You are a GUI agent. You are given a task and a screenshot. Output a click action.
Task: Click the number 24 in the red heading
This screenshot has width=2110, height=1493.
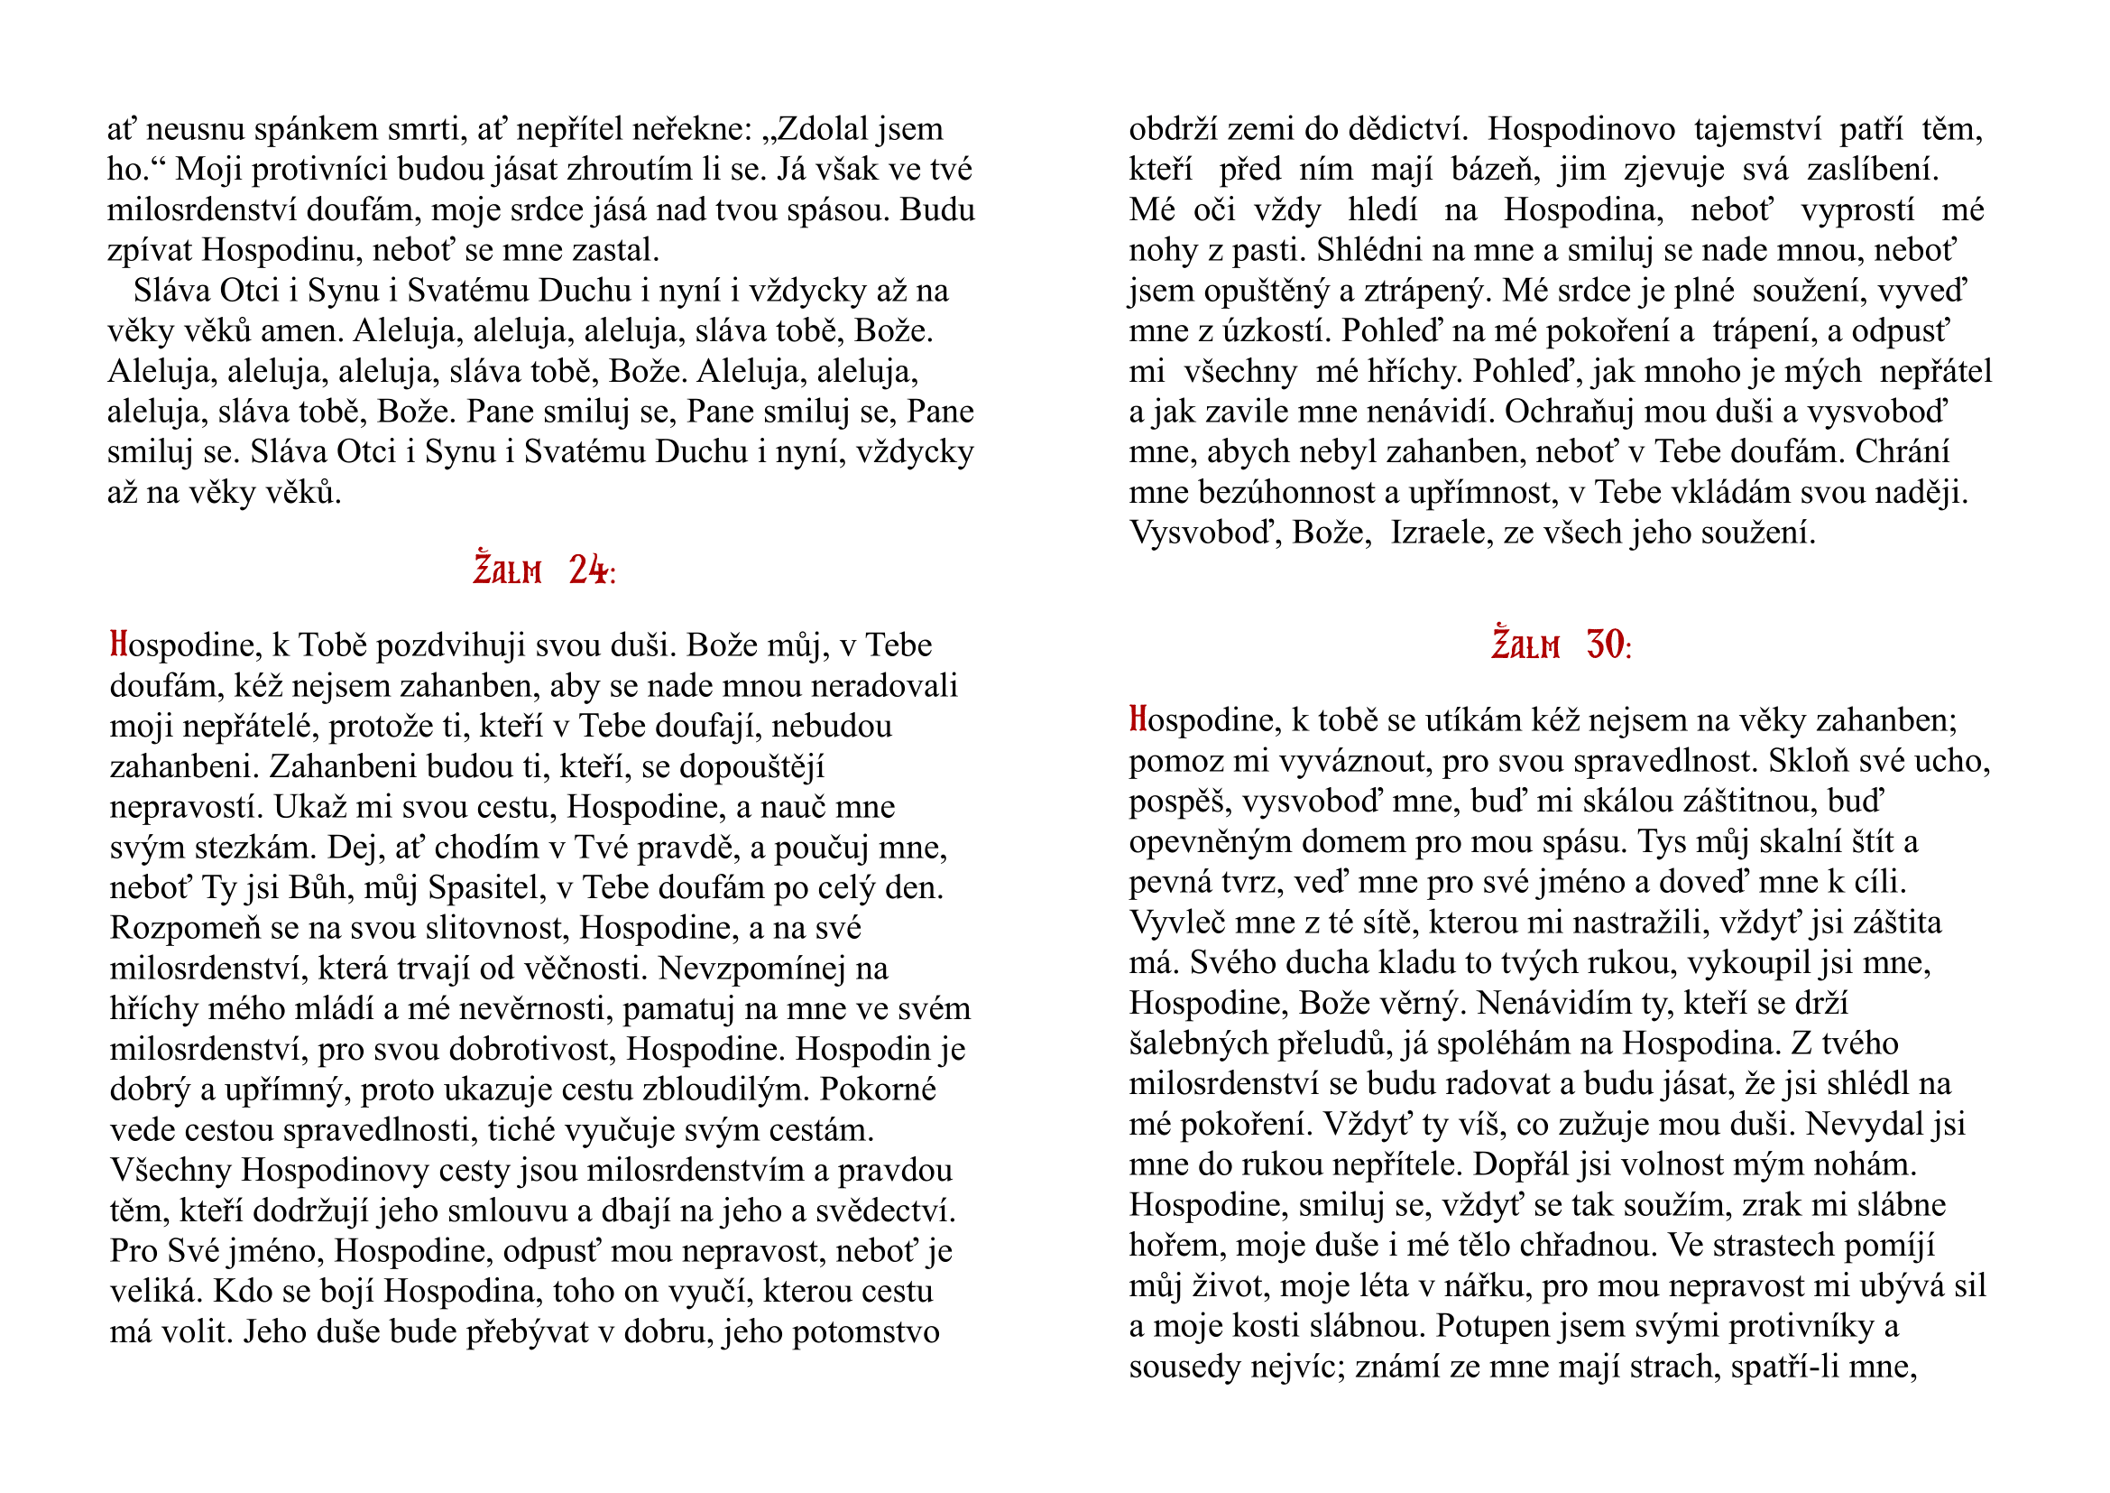[588, 570]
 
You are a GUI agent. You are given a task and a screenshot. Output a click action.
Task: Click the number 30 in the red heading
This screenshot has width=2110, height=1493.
[1606, 645]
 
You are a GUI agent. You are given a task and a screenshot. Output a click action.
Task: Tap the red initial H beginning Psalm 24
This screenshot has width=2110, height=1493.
[117, 644]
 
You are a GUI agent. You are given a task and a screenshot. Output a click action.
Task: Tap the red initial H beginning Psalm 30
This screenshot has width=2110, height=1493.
[1138, 719]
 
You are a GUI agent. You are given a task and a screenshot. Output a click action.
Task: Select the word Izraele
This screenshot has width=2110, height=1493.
[1439, 533]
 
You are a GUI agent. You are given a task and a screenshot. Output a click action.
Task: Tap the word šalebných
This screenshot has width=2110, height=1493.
[1197, 1043]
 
